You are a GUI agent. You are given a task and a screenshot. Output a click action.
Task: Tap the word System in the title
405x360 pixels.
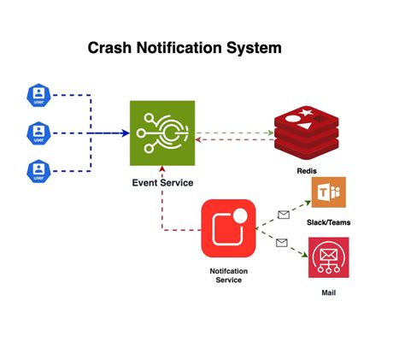point(254,48)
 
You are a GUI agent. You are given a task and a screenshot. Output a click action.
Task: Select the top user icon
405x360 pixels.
point(38,95)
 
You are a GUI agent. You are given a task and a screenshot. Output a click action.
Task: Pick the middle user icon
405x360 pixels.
point(38,133)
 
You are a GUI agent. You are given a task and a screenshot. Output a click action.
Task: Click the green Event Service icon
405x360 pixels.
point(162,133)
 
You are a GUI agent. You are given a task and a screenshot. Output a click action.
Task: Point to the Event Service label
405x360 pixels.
point(162,182)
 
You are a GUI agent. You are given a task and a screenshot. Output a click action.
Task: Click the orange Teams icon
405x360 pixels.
point(327,194)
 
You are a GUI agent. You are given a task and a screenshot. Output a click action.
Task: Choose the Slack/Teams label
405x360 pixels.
point(327,222)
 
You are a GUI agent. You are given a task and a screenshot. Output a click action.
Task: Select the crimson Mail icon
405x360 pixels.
point(327,258)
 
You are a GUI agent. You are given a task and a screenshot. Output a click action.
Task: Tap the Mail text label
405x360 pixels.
point(327,292)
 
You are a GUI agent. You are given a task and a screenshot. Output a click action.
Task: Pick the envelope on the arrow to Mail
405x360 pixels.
point(282,244)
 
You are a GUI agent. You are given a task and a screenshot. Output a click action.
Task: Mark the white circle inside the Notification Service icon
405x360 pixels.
point(241,215)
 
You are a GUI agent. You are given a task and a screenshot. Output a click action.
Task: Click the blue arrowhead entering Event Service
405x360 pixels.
point(125,133)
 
